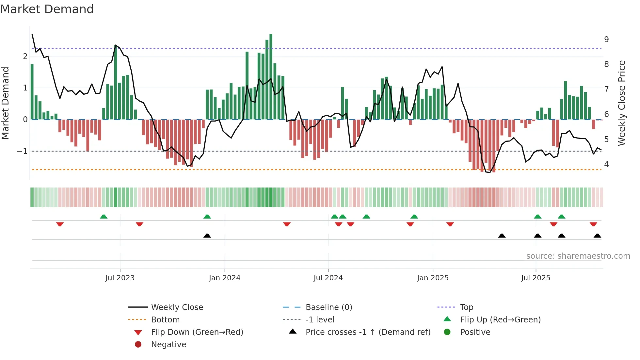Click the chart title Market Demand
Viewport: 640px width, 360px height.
coord(47,9)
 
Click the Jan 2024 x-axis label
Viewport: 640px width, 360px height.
coord(225,278)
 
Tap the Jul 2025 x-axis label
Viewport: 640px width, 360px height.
coord(536,278)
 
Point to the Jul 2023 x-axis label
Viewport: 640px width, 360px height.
coord(120,278)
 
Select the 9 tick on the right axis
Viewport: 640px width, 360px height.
coord(606,40)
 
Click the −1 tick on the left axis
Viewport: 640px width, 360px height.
coord(22,151)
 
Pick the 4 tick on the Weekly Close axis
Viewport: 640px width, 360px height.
coord(606,164)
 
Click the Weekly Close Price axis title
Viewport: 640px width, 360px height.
coord(622,103)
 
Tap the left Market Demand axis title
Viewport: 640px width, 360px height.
coord(5,103)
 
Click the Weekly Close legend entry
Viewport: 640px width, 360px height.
coord(177,307)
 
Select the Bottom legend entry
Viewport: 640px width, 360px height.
coord(165,320)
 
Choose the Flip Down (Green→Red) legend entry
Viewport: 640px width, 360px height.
coord(197,332)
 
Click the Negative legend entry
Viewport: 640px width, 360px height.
coord(168,345)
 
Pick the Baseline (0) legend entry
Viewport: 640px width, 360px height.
coord(328,307)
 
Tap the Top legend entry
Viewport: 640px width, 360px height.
coord(466,307)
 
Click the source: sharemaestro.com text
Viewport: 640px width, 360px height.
coord(578,256)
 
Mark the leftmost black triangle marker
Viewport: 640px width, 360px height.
coord(207,236)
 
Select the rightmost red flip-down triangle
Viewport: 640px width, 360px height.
coord(593,224)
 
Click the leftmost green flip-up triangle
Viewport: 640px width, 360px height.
coord(104,217)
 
